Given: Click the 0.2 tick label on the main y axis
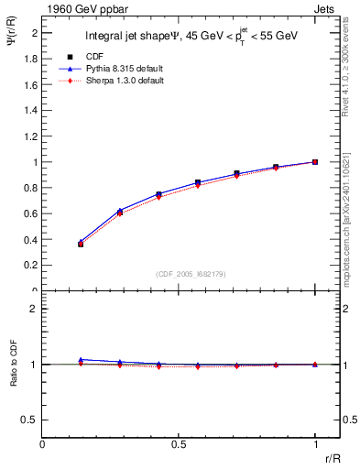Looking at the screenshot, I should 31,266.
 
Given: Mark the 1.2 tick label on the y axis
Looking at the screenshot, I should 31,136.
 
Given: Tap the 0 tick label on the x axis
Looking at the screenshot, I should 43,444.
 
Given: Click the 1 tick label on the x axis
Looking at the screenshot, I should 315,444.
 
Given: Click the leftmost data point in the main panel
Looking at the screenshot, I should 81,244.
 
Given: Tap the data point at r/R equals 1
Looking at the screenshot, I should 315,162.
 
